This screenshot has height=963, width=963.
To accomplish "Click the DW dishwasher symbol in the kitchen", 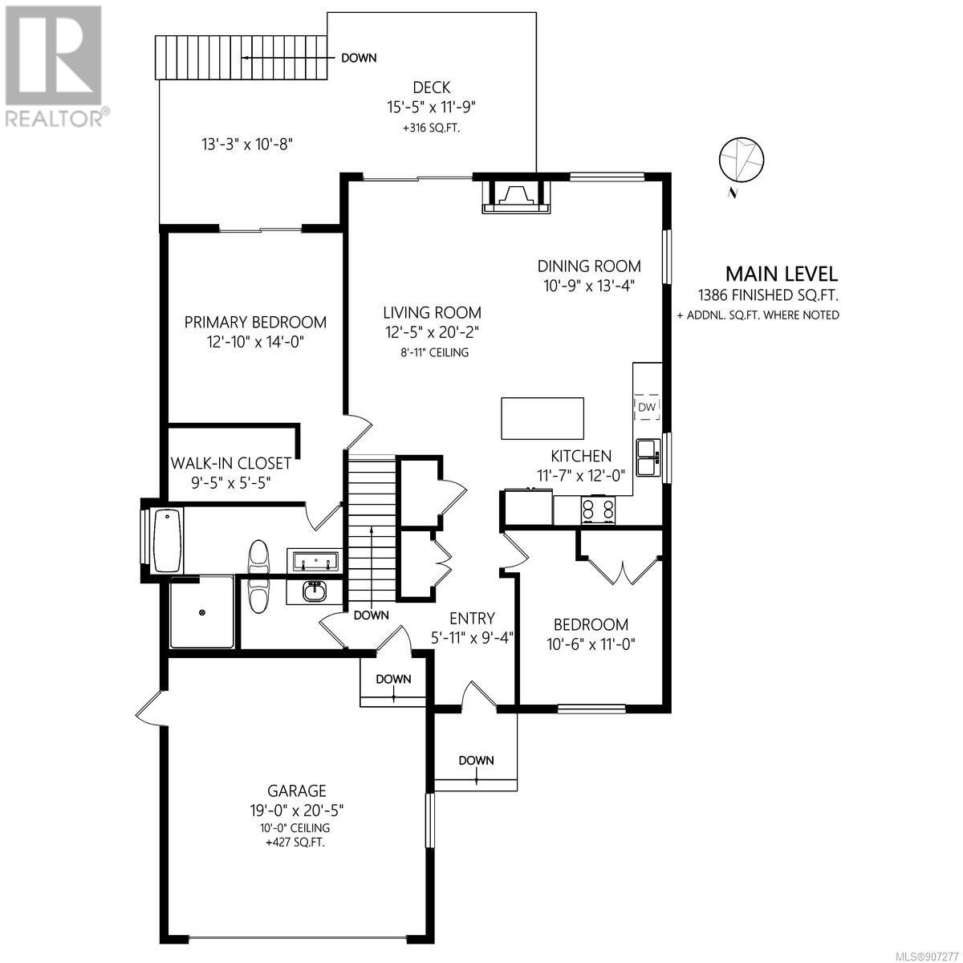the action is click(x=647, y=407).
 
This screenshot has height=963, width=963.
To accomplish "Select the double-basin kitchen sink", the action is click(x=648, y=457).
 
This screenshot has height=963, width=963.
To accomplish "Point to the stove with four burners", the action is click(x=598, y=510).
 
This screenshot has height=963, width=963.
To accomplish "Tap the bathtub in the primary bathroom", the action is click(x=168, y=540).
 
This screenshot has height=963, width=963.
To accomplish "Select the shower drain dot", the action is click(x=202, y=612).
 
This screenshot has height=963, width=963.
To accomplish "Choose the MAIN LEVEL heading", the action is click(x=782, y=274).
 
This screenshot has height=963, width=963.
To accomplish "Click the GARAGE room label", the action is click(x=297, y=790).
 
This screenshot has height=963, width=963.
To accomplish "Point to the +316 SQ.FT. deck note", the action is click(x=431, y=128).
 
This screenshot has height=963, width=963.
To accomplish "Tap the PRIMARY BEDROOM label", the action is click(x=255, y=323).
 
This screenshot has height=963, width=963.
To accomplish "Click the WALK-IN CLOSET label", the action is click(x=231, y=463).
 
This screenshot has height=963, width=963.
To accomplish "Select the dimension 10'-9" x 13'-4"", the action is click(x=589, y=286).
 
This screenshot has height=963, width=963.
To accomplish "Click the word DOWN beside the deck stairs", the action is click(x=359, y=58).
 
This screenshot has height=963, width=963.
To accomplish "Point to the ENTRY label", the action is click(x=472, y=619).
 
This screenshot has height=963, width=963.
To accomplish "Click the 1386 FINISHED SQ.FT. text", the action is click(x=769, y=295).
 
